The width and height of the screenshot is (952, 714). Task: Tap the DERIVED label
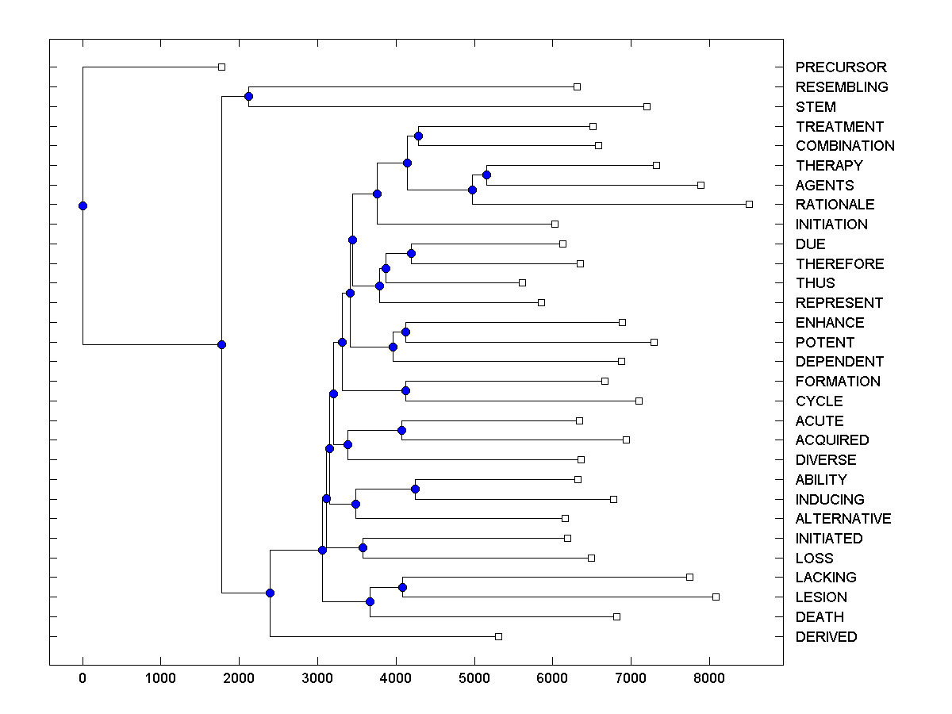826,637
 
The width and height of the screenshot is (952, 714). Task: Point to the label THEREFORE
839,263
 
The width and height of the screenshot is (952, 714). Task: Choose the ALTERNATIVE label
843,519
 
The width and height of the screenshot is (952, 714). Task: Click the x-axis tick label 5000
474,679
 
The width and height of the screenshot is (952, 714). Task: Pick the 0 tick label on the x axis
83,679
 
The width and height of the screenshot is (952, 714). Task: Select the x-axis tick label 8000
709,679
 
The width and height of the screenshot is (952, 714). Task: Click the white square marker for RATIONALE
749,204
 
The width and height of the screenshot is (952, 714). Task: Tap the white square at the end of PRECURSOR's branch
221,67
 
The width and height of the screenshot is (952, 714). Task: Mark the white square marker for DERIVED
498,636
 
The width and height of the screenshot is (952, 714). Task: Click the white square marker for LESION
716,597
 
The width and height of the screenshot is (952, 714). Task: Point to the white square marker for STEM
647,106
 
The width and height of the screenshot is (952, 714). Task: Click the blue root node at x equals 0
83,205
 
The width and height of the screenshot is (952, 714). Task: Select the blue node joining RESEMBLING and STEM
248,96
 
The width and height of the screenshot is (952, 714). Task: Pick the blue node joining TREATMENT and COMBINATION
418,136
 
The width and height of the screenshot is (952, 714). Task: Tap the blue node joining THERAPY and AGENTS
486,175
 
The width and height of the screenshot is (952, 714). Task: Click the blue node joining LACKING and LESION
402,587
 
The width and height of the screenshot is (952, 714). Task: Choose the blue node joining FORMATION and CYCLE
405,390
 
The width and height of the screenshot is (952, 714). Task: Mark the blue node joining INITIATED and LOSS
363,547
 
